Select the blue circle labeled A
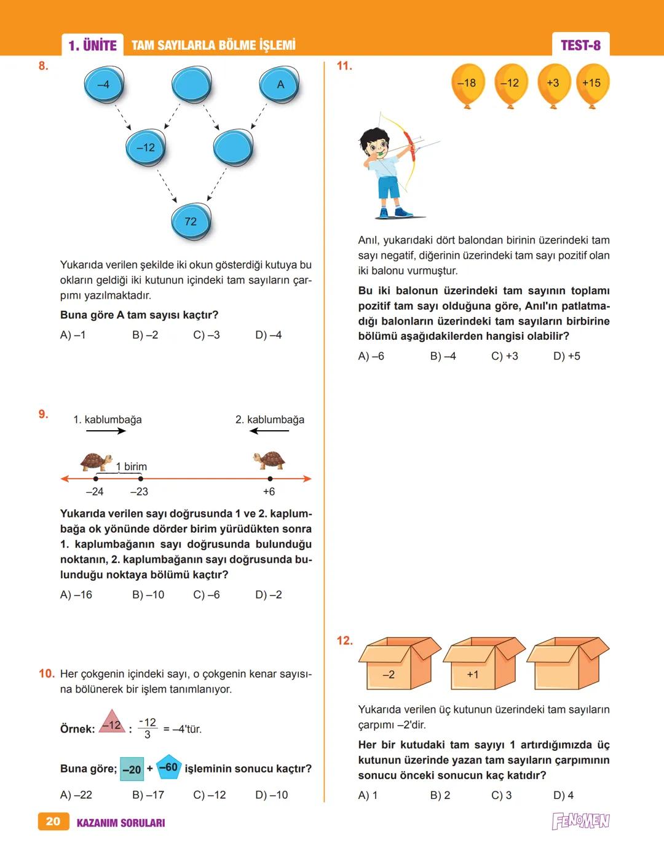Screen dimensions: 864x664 pyautogui.click(x=280, y=85)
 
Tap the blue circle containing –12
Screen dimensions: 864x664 pyautogui.click(x=146, y=148)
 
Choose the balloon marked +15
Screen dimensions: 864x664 pyautogui.click(x=591, y=84)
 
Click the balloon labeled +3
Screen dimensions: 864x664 pyautogui.click(x=553, y=84)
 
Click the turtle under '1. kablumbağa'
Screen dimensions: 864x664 pyautogui.click(x=97, y=461)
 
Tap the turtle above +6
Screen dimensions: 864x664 pyautogui.click(x=269, y=460)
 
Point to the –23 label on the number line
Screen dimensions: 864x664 pyautogui.click(x=139, y=492)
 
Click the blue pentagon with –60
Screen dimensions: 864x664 pyautogui.click(x=168, y=768)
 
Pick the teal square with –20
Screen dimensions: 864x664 pyautogui.click(x=132, y=769)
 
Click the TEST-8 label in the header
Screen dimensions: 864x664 pyautogui.click(x=580, y=45)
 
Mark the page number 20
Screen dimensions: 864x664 pyautogui.click(x=53, y=822)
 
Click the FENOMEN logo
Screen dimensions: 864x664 pyautogui.click(x=580, y=822)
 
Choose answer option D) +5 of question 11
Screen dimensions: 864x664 pyautogui.click(x=566, y=356)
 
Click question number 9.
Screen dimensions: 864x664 pyautogui.click(x=43, y=414)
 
